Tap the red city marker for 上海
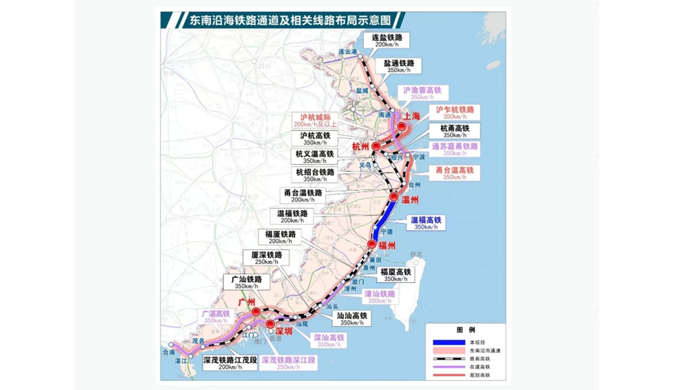(402, 126)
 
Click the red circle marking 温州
(394, 197)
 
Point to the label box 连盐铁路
(387, 41)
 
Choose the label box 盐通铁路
(402, 66)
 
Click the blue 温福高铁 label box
(427, 223)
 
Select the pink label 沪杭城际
(315, 121)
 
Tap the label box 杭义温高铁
(315, 157)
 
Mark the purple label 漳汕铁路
(379, 297)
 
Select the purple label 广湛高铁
(216, 317)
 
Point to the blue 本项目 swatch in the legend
(447, 342)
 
